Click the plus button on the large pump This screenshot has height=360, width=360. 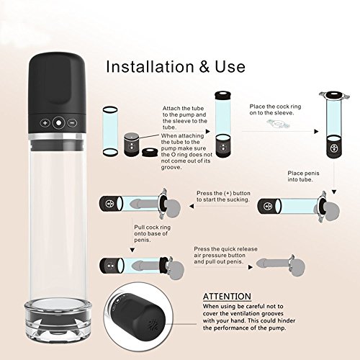(x=45, y=123)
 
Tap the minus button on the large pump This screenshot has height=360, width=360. (x=72, y=123)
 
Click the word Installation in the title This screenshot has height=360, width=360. (x=150, y=66)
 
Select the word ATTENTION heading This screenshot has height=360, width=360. (x=227, y=297)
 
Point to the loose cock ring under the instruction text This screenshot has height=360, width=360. (x=279, y=124)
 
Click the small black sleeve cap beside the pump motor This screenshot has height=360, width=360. (x=149, y=152)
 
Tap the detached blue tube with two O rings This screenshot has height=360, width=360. (x=110, y=131)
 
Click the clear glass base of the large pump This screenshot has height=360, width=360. (x=58, y=319)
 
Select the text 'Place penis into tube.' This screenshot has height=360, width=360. (x=303, y=176)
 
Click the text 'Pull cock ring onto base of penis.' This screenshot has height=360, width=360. (x=152, y=233)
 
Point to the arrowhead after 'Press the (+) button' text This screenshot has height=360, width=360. (x=192, y=206)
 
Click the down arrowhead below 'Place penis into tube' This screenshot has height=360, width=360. (x=334, y=192)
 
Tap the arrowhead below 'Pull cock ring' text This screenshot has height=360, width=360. (x=132, y=251)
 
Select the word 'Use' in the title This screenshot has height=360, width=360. (x=230, y=67)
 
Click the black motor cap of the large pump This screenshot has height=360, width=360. (x=57, y=92)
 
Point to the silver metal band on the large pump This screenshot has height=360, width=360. (x=57, y=137)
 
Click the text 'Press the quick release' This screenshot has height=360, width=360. (x=225, y=249)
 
